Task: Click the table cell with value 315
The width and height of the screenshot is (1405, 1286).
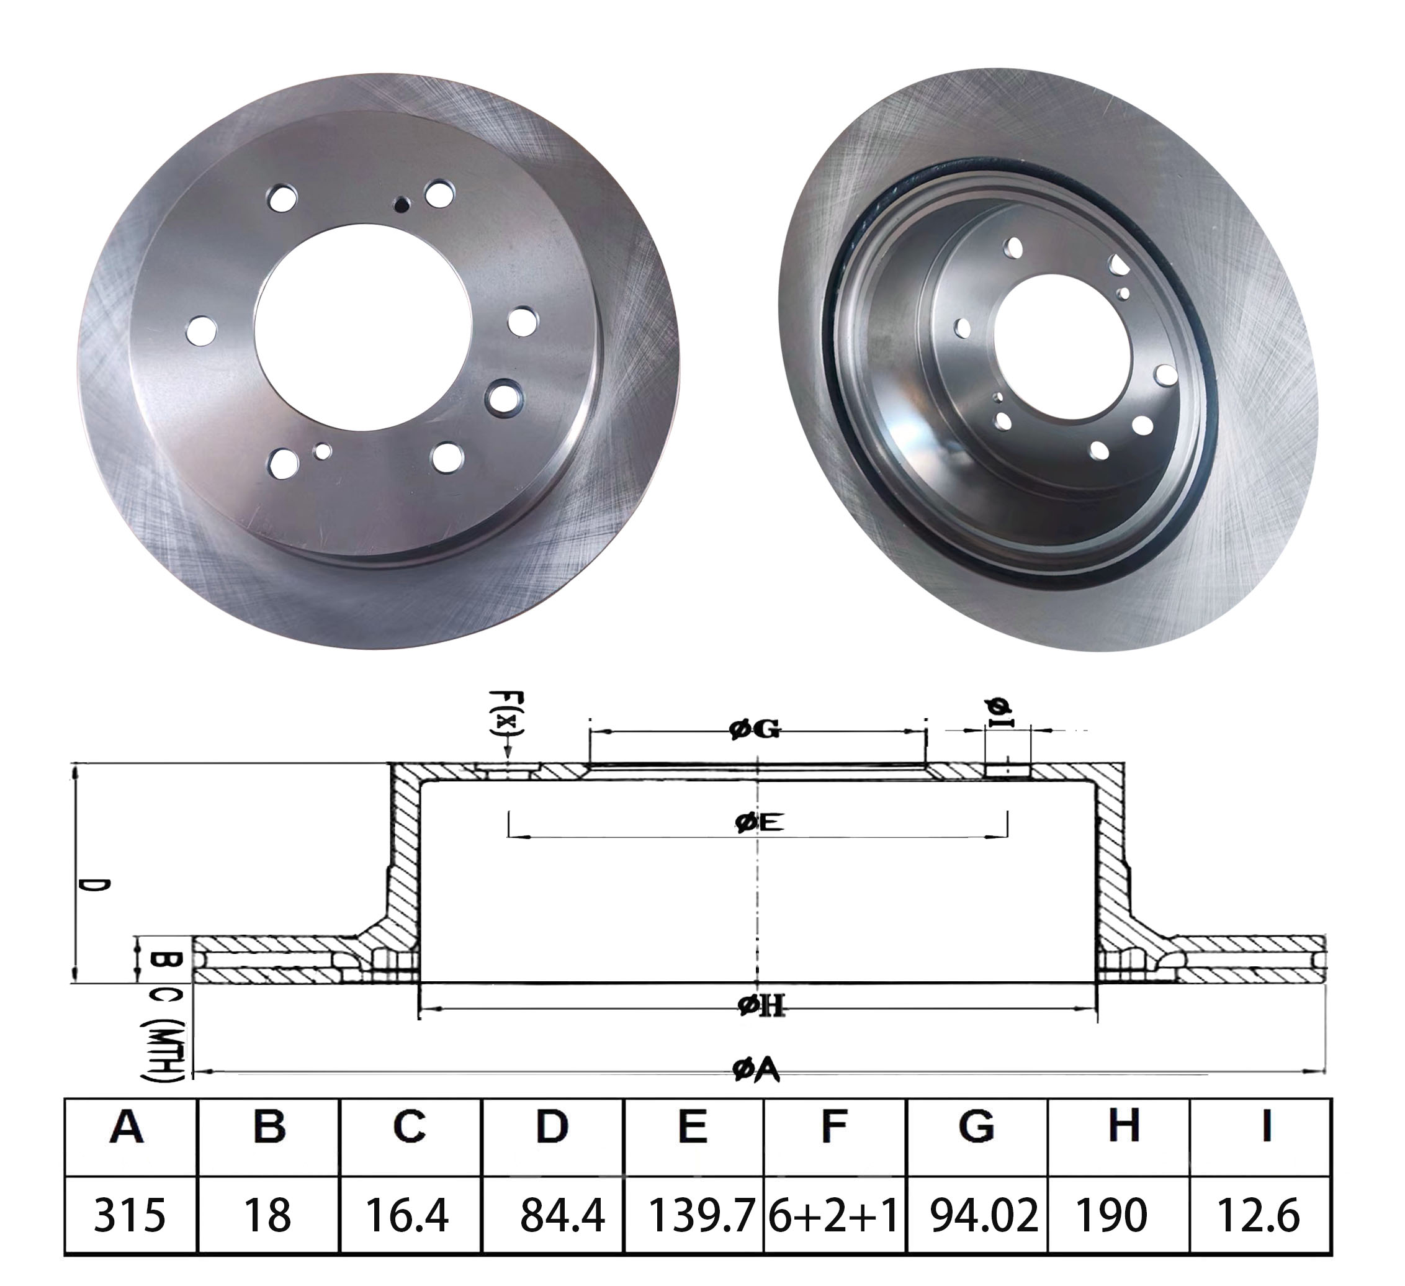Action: (130, 1216)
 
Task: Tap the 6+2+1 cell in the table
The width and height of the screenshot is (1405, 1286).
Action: (833, 1216)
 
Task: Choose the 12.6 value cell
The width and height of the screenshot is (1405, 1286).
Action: (1258, 1216)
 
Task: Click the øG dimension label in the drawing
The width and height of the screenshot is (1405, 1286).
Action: (755, 730)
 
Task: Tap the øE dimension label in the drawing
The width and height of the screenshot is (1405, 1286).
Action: (759, 822)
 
